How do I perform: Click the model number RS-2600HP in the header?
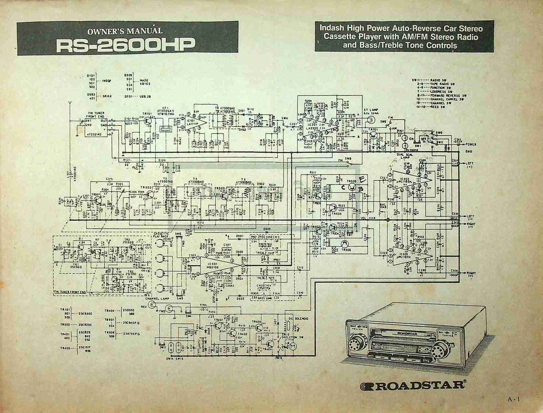[126, 45]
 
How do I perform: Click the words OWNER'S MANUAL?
[125, 31]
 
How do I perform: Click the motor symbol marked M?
[293, 346]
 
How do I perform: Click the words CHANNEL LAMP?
[158, 299]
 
